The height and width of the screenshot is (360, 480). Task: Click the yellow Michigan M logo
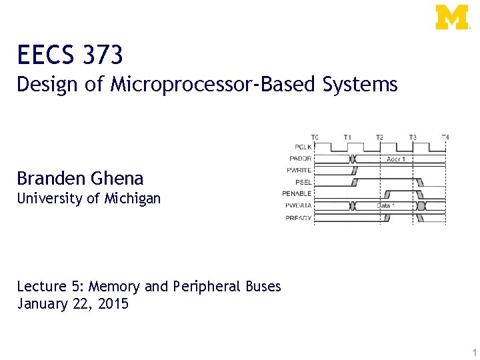coord(452,17)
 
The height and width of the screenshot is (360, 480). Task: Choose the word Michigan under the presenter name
coord(133,198)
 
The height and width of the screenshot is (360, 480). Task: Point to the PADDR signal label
coord(300,158)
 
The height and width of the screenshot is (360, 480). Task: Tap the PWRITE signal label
coord(299,170)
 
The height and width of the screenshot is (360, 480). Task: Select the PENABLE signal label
coord(297,194)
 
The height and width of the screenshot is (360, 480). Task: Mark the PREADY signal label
coord(299,218)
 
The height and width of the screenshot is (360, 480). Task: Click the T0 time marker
coord(315,137)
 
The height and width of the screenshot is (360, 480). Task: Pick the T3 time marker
coord(413,137)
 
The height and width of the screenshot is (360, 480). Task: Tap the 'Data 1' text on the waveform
coord(386,206)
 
